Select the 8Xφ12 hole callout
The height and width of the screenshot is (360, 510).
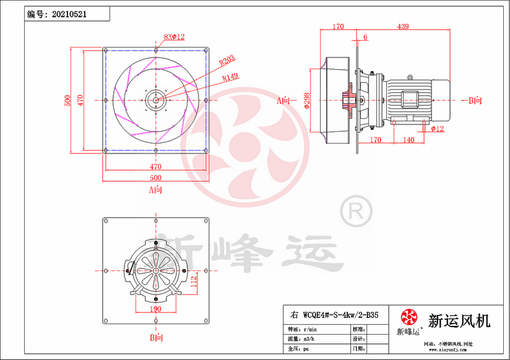click(x=175, y=37)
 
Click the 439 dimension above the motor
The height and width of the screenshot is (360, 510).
click(x=403, y=27)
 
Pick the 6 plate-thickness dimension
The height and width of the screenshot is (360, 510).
click(x=365, y=38)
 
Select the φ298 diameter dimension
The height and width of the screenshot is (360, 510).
click(x=307, y=100)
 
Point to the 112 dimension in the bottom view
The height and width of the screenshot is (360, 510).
click(x=193, y=281)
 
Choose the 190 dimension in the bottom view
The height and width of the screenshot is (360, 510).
click(x=155, y=309)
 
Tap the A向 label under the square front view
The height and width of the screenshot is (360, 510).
click(x=156, y=189)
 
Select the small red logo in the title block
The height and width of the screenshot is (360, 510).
click(x=409, y=317)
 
